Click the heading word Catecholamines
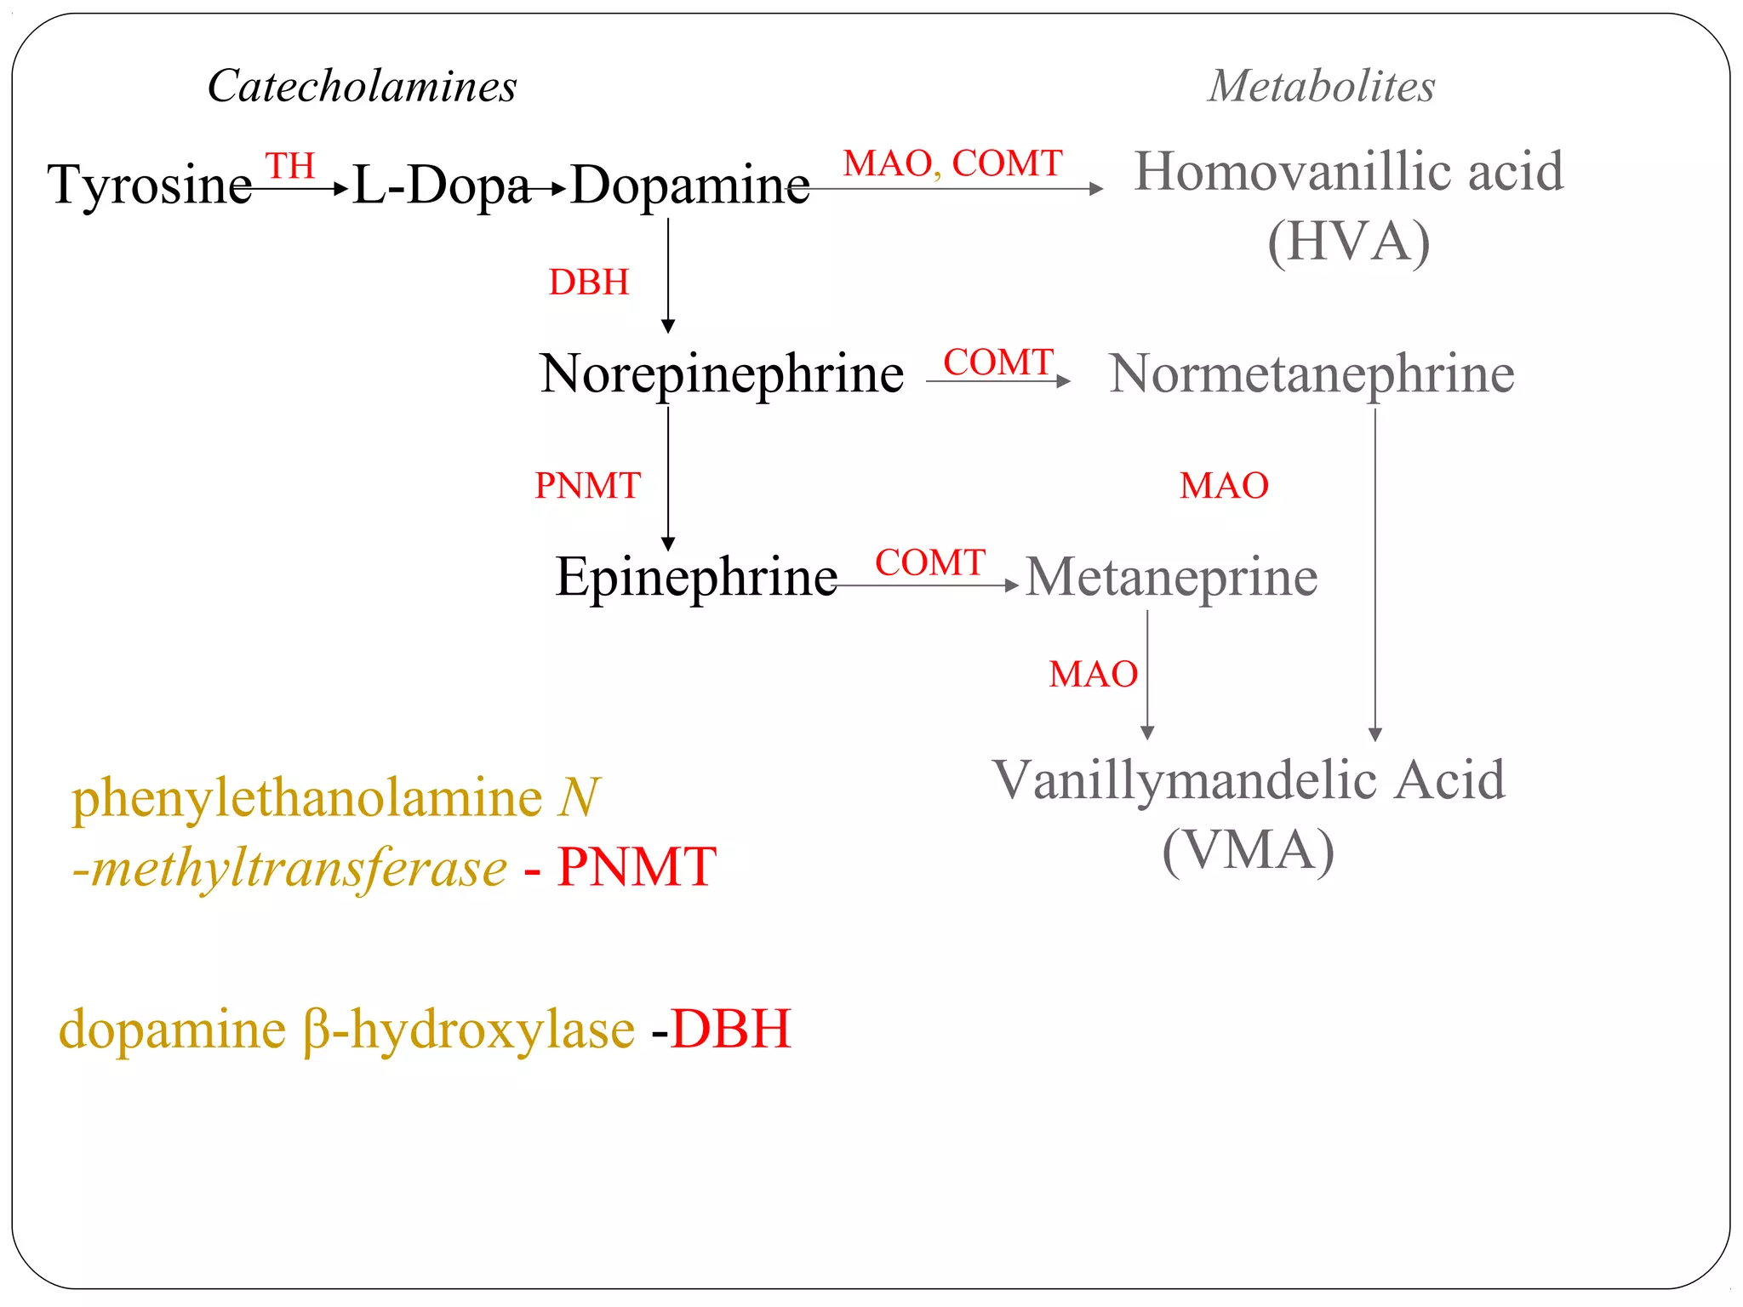point(362,87)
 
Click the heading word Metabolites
point(1321,87)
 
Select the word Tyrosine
point(150,185)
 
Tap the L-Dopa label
point(441,185)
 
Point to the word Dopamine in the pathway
point(689,185)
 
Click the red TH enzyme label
point(290,166)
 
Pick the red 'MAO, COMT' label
point(952,163)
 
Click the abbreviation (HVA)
point(1348,242)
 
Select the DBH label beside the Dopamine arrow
point(589,283)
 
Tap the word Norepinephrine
point(722,374)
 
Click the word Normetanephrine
point(1312,374)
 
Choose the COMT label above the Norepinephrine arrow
point(998,362)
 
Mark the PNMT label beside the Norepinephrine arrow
point(587,486)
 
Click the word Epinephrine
point(696,577)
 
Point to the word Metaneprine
point(1171,577)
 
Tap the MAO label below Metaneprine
point(1093,675)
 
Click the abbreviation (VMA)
point(1248,850)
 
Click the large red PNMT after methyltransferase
point(636,868)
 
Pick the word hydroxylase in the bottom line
point(493,1030)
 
